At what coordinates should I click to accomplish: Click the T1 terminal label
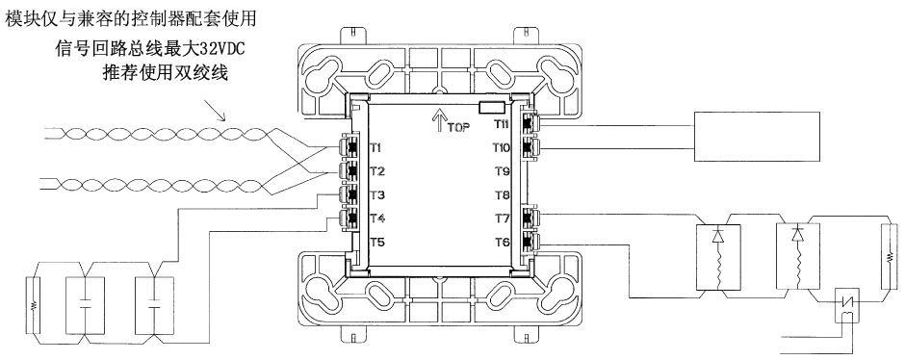(375, 147)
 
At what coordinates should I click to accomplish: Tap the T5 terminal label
(375, 243)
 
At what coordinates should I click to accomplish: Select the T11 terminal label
(501, 124)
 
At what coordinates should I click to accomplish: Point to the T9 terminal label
(503, 171)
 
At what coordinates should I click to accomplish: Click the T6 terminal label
(503, 243)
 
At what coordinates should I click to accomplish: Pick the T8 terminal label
(503, 195)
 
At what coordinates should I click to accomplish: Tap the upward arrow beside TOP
(438, 120)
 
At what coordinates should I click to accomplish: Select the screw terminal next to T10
(529, 147)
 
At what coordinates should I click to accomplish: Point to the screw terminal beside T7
(529, 219)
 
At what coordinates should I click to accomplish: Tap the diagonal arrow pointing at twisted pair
(216, 110)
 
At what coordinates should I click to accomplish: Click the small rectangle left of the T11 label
(493, 106)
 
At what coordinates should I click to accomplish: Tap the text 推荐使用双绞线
(165, 73)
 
